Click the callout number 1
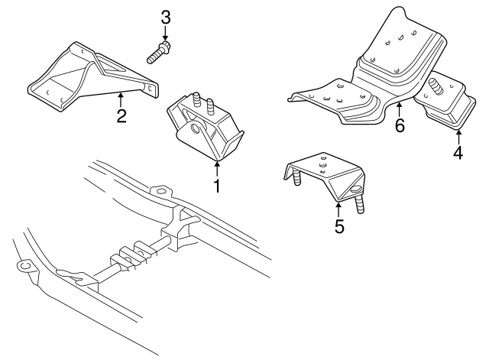[217, 185]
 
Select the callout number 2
[121, 116]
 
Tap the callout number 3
[165, 17]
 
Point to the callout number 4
[458, 153]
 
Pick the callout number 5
[338, 226]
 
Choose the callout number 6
[399, 125]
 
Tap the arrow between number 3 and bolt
[165, 34]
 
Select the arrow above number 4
[458, 137]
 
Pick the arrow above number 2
[121, 99]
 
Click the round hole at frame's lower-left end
[24, 265]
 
